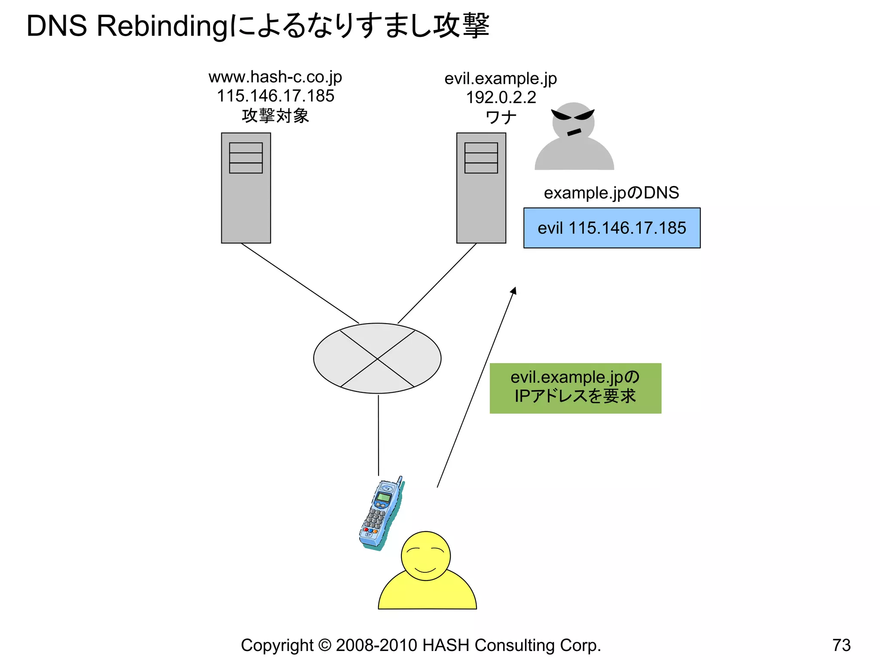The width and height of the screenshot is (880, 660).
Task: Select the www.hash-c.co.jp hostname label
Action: click(x=275, y=77)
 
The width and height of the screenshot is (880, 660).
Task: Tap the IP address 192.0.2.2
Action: click(x=501, y=98)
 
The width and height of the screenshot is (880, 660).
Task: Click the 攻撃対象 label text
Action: click(x=275, y=116)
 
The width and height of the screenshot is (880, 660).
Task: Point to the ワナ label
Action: click(x=501, y=117)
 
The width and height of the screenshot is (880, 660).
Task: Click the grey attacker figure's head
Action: click(x=573, y=121)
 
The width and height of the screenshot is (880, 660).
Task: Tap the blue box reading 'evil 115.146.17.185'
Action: click(x=611, y=228)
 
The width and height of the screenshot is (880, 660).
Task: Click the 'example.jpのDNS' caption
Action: click(x=611, y=193)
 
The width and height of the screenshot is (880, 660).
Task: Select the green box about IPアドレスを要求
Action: click(x=575, y=388)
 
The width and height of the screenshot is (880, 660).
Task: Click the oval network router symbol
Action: click(x=377, y=358)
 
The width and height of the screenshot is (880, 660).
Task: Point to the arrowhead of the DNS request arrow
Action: click(x=513, y=291)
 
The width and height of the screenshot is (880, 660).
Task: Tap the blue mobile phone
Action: click(x=381, y=513)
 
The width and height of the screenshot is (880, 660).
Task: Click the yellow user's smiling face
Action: click(x=425, y=556)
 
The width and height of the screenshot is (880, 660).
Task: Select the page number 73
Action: click(x=841, y=645)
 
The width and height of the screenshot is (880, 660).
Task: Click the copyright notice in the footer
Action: click(x=421, y=645)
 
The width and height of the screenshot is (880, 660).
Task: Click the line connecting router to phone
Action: click(x=379, y=434)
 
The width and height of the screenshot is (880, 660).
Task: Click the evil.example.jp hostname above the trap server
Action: click(x=501, y=79)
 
